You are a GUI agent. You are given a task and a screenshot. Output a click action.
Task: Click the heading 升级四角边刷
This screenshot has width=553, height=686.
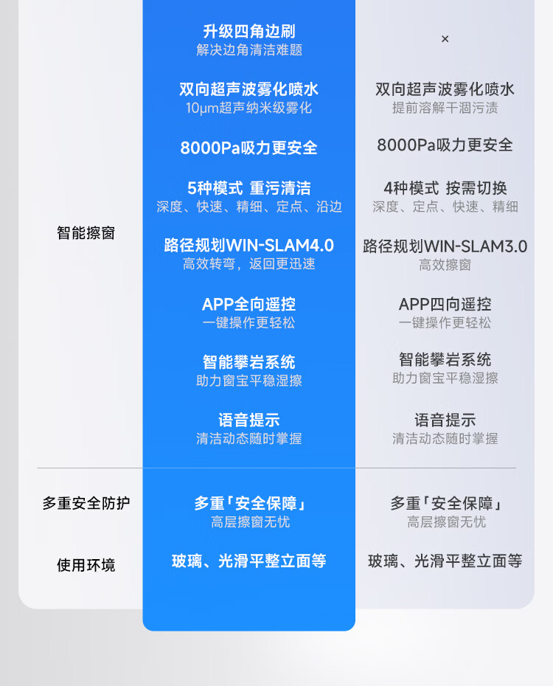[248, 32]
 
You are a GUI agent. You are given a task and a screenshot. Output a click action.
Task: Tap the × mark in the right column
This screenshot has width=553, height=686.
[445, 39]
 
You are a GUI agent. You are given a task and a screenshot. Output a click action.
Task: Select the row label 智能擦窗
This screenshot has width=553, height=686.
[86, 233]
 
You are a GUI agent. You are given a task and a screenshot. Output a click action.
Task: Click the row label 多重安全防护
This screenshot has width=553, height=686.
[86, 503]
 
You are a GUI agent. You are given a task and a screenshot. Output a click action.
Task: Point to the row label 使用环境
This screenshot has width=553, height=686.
[86, 565]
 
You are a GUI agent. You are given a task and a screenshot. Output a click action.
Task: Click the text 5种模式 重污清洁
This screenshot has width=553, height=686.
[248, 188]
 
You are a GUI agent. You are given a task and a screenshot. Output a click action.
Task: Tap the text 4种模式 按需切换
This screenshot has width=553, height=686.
[445, 188]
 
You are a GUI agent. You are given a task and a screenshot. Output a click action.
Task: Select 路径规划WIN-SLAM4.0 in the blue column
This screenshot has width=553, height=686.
[248, 245]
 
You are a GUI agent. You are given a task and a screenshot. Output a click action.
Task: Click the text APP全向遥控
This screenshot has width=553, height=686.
[248, 304]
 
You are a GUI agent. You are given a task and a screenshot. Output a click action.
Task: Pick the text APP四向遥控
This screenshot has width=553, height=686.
[445, 304]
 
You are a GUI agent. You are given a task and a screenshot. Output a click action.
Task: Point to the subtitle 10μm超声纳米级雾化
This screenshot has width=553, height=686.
[248, 108]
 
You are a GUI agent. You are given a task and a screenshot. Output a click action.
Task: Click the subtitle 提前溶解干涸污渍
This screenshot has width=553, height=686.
[445, 108]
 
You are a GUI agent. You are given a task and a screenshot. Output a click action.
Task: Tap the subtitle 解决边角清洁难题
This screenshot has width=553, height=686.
[248, 50]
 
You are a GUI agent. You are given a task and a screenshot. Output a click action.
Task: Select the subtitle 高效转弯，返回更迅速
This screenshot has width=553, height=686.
[248, 264]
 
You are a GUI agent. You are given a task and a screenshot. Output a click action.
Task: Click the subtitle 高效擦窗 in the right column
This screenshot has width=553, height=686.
[445, 265]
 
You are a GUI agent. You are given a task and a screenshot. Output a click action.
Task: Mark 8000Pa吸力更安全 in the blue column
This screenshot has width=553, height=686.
[248, 148]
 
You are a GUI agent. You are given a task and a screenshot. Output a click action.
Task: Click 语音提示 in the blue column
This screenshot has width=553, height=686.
[248, 420]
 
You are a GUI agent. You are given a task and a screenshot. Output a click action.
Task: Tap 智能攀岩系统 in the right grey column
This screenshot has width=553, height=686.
[445, 359]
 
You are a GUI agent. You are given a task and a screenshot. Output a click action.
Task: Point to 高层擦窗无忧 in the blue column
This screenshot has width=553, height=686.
[250, 522]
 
